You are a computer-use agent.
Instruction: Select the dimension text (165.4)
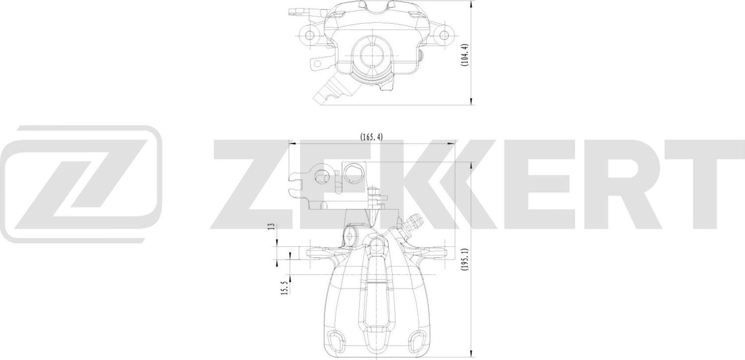point(371,137)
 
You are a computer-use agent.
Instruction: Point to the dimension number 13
point(271,226)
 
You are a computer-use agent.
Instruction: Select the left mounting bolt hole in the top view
point(311,34)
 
